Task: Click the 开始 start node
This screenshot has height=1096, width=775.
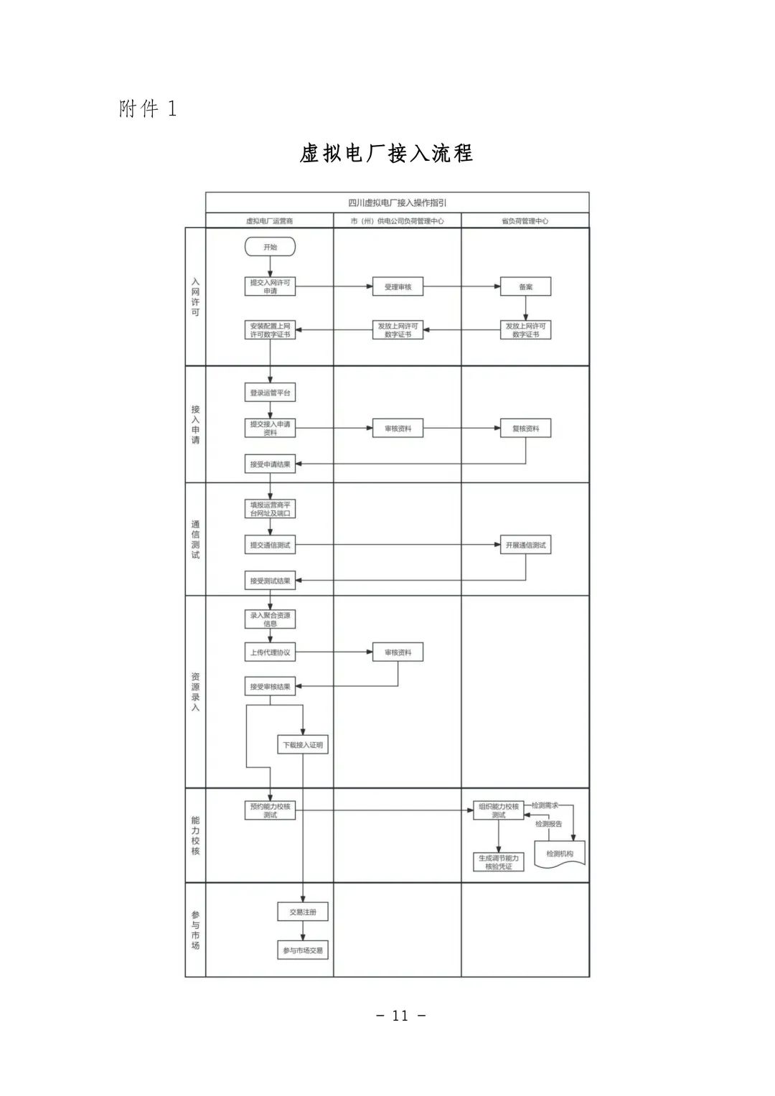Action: (x=270, y=247)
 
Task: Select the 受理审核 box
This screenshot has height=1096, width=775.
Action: (x=398, y=287)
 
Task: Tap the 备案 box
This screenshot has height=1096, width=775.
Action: (x=525, y=287)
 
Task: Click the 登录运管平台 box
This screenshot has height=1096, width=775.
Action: (x=270, y=393)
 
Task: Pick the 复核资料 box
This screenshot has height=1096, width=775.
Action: (x=525, y=428)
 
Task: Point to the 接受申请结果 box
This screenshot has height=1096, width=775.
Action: (x=270, y=464)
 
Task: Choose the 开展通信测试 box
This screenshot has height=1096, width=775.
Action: (x=525, y=545)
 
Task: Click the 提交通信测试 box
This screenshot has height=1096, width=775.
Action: (x=270, y=545)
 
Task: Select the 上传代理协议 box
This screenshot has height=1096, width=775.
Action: (x=270, y=652)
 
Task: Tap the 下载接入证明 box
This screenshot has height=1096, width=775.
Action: (x=303, y=745)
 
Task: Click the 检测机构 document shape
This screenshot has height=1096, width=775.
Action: (x=560, y=854)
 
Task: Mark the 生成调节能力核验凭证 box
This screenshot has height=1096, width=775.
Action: (x=499, y=862)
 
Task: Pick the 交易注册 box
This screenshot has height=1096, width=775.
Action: (x=303, y=912)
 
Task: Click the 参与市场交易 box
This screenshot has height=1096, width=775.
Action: (x=303, y=950)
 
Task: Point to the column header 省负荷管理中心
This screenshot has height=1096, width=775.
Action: (x=525, y=221)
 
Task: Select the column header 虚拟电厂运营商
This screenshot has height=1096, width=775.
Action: (x=269, y=221)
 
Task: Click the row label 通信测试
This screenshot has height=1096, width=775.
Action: (x=195, y=540)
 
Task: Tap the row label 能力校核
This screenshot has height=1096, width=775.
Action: (x=195, y=835)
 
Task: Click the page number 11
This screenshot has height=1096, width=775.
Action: (x=400, y=1016)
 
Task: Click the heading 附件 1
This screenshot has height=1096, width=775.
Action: (x=148, y=109)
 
